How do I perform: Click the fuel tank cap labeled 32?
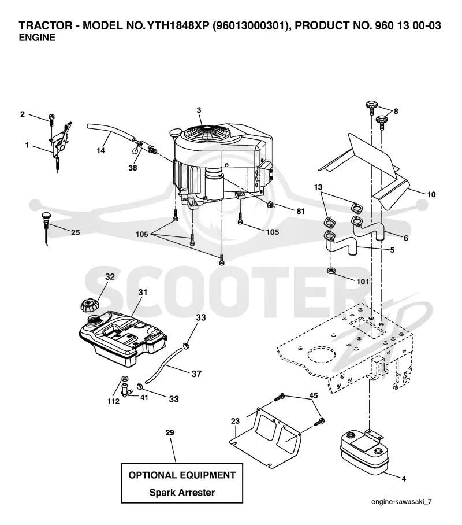(x=88, y=305)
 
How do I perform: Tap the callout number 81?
(x=301, y=211)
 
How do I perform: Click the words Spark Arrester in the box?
(x=182, y=492)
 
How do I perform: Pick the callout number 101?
(x=363, y=282)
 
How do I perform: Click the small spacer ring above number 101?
(x=331, y=271)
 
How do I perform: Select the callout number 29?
(x=170, y=432)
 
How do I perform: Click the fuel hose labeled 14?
(x=110, y=132)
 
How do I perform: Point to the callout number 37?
(x=196, y=374)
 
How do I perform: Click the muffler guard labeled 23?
(x=267, y=435)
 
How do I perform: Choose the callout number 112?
(x=113, y=401)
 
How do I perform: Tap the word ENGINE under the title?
(x=37, y=38)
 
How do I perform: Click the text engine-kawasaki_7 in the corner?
(x=401, y=501)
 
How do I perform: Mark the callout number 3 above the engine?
(x=199, y=110)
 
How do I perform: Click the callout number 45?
(x=314, y=395)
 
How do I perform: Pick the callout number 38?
(x=133, y=168)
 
